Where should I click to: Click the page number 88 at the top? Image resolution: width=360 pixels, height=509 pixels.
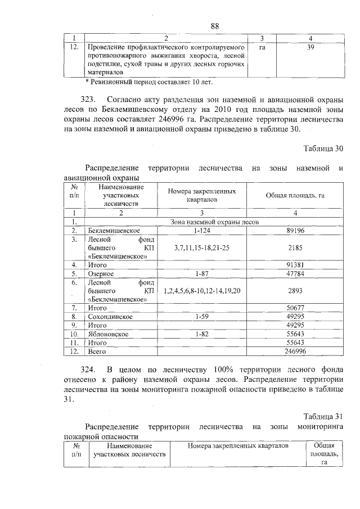[214, 26]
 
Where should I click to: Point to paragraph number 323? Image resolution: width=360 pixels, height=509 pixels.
[91, 100]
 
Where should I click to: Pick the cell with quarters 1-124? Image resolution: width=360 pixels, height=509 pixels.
[201, 230]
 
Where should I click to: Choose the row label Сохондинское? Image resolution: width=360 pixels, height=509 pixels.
[110, 317]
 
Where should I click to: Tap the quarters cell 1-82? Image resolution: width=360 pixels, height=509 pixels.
[201, 334]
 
